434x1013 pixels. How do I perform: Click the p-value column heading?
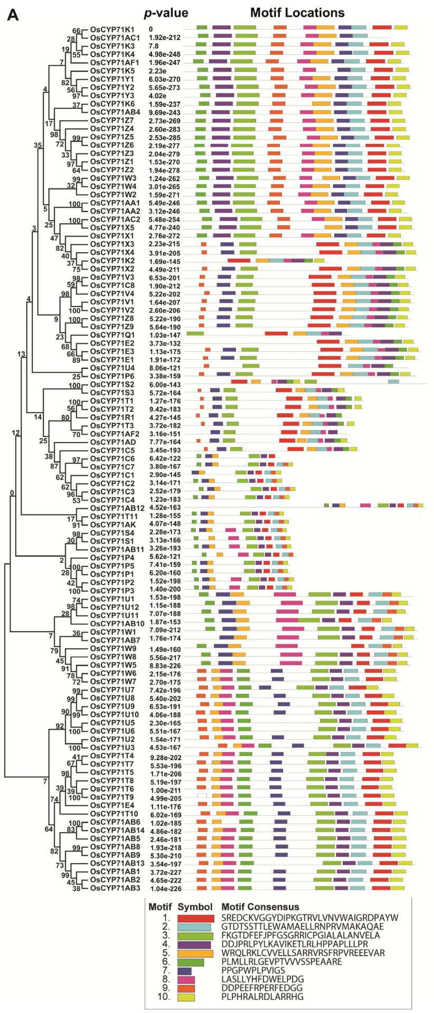click(166, 13)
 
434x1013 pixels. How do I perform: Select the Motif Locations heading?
click(297, 13)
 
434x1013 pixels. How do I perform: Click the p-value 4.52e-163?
click(165, 508)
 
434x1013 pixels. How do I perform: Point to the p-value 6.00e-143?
click(165, 385)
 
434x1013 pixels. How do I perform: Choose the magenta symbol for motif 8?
click(186, 979)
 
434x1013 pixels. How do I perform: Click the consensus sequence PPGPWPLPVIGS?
click(253, 970)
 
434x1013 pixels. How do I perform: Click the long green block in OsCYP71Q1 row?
click(195, 333)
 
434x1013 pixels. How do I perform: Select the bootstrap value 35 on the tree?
click(37, 145)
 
